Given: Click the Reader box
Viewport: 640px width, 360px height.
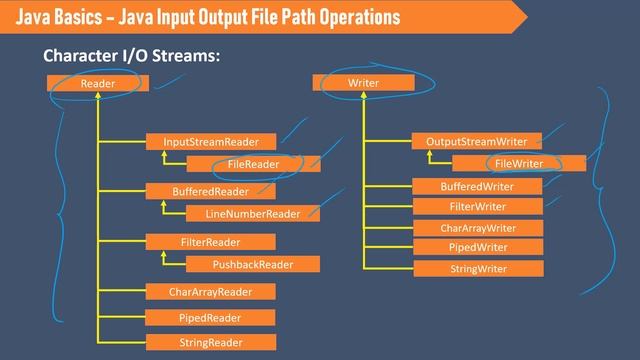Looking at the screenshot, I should [x=98, y=84].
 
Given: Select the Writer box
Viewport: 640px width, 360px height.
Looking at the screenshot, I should [x=362, y=84].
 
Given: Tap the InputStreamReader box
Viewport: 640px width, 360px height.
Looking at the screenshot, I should [x=210, y=142].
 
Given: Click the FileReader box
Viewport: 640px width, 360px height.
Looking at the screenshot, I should [x=253, y=164].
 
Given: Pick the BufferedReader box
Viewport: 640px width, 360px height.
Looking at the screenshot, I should [x=210, y=191].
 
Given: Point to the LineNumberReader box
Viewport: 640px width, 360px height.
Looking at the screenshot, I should [x=253, y=214].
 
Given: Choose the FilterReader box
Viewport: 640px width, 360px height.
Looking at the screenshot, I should [x=210, y=242].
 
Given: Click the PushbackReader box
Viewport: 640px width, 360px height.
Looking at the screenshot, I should [x=253, y=265].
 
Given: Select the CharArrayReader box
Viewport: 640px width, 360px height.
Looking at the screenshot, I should [x=210, y=292].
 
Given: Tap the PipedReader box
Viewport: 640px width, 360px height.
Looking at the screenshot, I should [x=210, y=318].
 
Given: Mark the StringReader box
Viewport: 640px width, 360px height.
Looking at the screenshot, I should [x=210, y=343].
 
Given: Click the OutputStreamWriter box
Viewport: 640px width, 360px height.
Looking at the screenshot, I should [x=476, y=141].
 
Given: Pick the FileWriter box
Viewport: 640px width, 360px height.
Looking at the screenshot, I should [x=518, y=163].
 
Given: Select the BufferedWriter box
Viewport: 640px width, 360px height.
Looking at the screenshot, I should [x=477, y=187].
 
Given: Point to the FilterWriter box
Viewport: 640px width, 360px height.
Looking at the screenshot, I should [x=477, y=207].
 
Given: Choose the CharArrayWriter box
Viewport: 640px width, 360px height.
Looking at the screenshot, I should [x=477, y=228].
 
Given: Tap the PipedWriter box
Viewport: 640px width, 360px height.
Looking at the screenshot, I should [x=477, y=247].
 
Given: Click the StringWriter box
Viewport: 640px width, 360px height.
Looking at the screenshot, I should [x=477, y=269].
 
